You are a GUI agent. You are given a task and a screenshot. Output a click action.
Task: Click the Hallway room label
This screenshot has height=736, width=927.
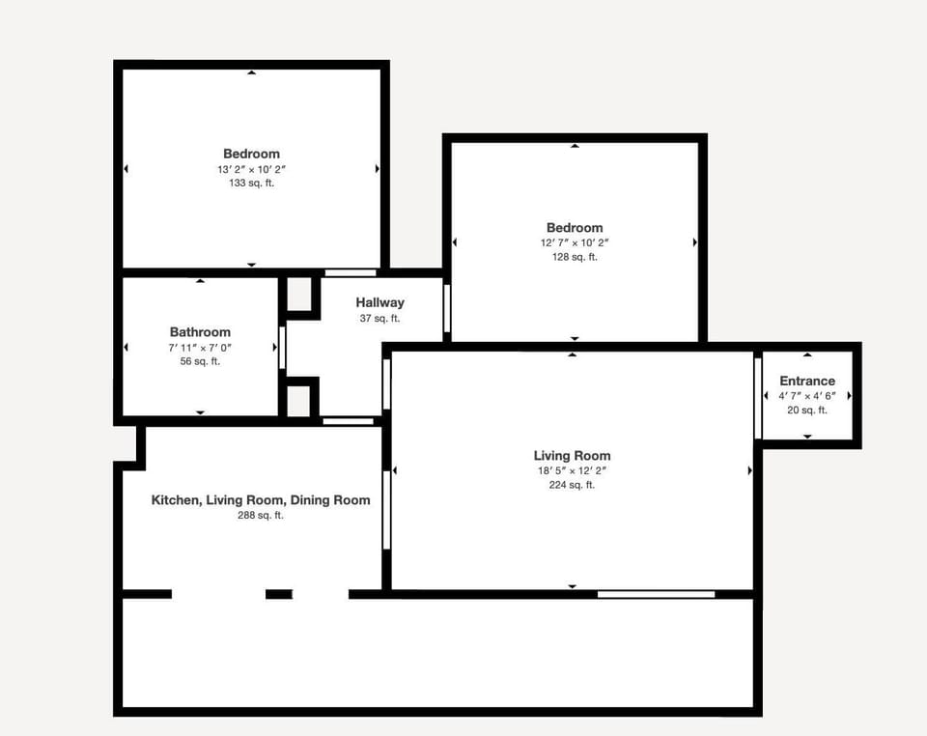pyautogui.click(x=380, y=302)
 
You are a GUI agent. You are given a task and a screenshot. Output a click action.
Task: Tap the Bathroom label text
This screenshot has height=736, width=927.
pyautogui.click(x=200, y=332)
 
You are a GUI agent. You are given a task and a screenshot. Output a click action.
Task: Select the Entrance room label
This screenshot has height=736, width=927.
pyautogui.click(x=807, y=382)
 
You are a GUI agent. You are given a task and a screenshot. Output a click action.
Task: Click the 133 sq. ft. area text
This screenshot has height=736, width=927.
pyautogui.click(x=252, y=184)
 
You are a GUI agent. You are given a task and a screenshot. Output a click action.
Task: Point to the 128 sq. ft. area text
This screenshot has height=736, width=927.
pyautogui.click(x=575, y=257)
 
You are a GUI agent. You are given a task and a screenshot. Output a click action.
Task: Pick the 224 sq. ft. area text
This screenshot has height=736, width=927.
pyautogui.click(x=572, y=485)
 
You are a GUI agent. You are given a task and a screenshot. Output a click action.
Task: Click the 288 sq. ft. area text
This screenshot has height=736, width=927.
pyautogui.click(x=261, y=516)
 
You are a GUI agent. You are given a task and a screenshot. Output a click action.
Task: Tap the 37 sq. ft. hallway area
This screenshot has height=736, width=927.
pyautogui.click(x=380, y=319)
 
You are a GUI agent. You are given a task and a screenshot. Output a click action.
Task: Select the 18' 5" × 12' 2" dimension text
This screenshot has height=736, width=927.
pyautogui.click(x=572, y=471)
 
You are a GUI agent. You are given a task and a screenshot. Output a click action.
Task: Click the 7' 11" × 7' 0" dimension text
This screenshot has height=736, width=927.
pyautogui.click(x=200, y=348)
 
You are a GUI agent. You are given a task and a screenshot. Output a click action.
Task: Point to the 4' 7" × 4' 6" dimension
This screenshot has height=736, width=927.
pyautogui.click(x=807, y=396)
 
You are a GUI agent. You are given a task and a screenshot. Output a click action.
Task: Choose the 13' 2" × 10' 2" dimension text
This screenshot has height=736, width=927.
pyautogui.click(x=252, y=169)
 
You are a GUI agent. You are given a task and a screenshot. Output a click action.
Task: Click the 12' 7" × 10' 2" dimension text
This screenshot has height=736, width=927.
pyautogui.click(x=575, y=243)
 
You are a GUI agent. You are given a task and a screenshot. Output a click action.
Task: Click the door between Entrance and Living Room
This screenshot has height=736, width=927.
pyautogui.click(x=758, y=398)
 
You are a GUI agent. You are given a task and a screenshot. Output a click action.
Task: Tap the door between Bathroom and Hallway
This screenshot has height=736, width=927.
pyautogui.click(x=282, y=348)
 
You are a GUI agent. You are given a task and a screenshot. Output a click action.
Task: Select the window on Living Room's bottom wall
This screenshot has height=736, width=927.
pyautogui.click(x=656, y=594)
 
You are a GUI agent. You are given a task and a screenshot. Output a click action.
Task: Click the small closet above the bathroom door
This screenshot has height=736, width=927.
pyautogui.click(x=299, y=294)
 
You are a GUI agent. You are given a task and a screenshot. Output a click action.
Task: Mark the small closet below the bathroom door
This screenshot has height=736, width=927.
pyautogui.click(x=298, y=402)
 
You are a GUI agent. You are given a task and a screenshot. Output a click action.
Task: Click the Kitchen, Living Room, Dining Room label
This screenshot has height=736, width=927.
pyautogui.click(x=261, y=500)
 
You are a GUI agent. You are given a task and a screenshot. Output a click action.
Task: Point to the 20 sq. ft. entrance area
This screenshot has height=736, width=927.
pyautogui.click(x=807, y=410)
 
